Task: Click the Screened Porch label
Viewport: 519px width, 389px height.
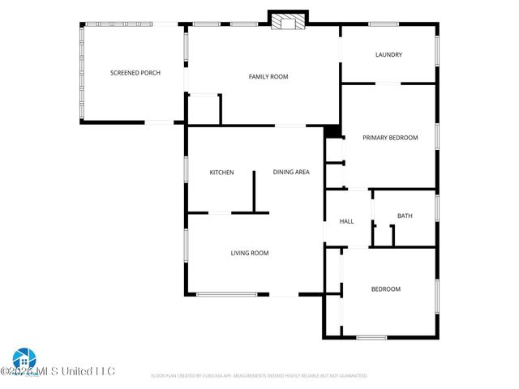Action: pyautogui.click(x=135, y=73)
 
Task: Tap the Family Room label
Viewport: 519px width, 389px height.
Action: pyautogui.click(x=268, y=77)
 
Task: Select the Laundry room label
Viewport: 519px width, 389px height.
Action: pyautogui.click(x=388, y=55)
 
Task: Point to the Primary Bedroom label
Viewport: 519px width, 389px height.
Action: pyautogui.click(x=390, y=138)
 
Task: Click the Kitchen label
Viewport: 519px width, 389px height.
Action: pyautogui.click(x=221, y=173)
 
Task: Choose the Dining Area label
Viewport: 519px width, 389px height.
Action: pyautogui.click(x=291, y=173)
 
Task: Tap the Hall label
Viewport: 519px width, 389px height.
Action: pyautogui.click(x=347, y=221)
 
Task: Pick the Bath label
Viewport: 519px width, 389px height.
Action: pyautogui.click(x=405, y=216)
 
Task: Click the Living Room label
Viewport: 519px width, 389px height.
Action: pyautogui.click(x=250, y=253)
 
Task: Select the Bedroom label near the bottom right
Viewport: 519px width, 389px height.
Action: pyautogui.click(x=386, y=289)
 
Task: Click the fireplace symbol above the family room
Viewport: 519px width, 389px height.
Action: pyautogui.click(x=288, y=21)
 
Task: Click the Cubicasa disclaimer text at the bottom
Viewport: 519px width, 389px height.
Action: pyautogui.click(x=259, y=376)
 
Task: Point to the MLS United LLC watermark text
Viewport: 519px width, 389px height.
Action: pyautogui.click(x=61, y=371)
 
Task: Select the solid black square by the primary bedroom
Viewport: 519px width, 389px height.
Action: pyautogui.click(x=332, y=131)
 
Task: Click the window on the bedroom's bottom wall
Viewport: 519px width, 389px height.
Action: pyautogui.click(x=371, y=337)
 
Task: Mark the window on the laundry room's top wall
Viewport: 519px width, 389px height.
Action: pyautogui.click(x=383, y=24)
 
